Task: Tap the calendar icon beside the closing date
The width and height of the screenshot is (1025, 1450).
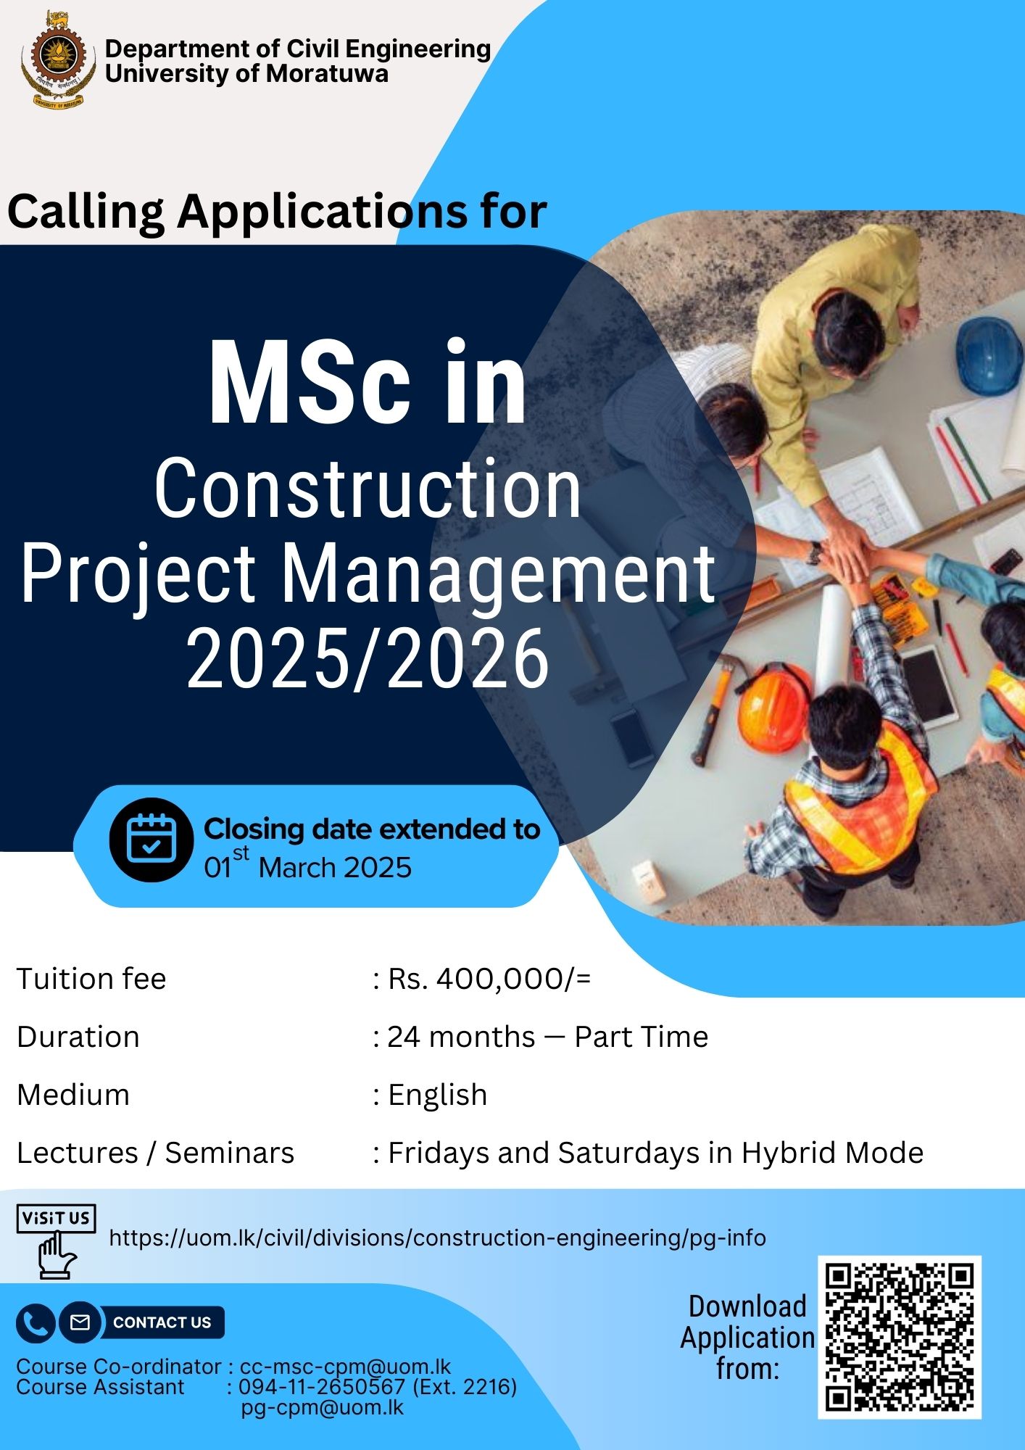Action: click(x=152, y=840)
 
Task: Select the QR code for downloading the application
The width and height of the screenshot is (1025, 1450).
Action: click(x=899, y=1336)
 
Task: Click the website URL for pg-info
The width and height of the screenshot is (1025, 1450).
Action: click(x=437, y=1238)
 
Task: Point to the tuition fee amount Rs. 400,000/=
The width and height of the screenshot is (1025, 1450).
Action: click(x=490, y=979)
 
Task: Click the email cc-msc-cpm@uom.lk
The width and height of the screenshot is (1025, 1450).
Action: click(x=345, y=1367)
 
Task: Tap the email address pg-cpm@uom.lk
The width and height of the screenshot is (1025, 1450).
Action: click(x=322, y=1407)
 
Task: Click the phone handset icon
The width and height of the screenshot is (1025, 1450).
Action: click(x=35, y=1322)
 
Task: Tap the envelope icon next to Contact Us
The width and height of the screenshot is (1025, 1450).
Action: click(x=80, y=1322)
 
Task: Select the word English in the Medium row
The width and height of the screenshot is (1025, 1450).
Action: click(x=438, y=1095)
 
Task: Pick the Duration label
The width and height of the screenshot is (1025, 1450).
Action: click(x=78, y=1037)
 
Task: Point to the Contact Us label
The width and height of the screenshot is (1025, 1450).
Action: click(x=162, y=1322)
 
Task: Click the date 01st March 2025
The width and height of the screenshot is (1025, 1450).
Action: click(x=307, y=866)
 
